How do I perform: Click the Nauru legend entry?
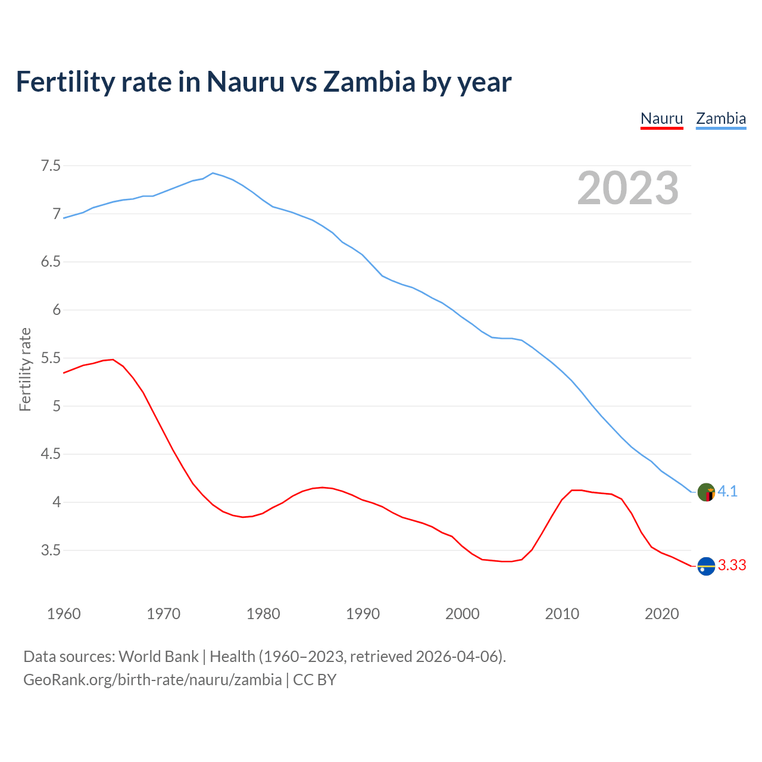pyautogui.click(x=661, y=118)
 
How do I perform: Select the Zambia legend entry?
pyautogui.click(x=721, y=118)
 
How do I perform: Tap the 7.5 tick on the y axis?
pyautogui.click(x=51, y=165)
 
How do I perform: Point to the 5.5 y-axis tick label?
pyautogui.click(x=51, y=358)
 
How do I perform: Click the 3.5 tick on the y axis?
pyautogui.click(x=51, y=551)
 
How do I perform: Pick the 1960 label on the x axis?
pyautogui.click(x=64, y=614)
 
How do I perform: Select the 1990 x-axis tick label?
pyautogui.click(x=363, y=614)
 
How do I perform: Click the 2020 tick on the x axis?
pyautogui.click(x=661, y=614)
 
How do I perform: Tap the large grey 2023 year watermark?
pyautogui.click(x=627, y=188)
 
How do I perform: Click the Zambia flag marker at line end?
pyautogui.click(x=706, y=492)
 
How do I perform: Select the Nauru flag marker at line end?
pyautogui.click(x=706, y=566)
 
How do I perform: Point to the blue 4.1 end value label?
pyautogui.click(x=727, y=492)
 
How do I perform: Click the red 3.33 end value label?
pyautogui.click(x=732, y=566)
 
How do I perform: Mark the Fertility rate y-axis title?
pyautogui.click(x=25, y=369)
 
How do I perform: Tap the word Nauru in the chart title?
pyautogui.click(x=245, y=82)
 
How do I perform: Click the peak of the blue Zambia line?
pyautogui.click(x=213, y=173)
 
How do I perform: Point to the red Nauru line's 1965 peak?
pyautogui.click(x=113, y=360)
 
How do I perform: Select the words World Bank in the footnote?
pyautogui.click(x=158, y=657)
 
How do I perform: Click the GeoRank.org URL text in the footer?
pyautogui.click(x=152, y=680)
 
